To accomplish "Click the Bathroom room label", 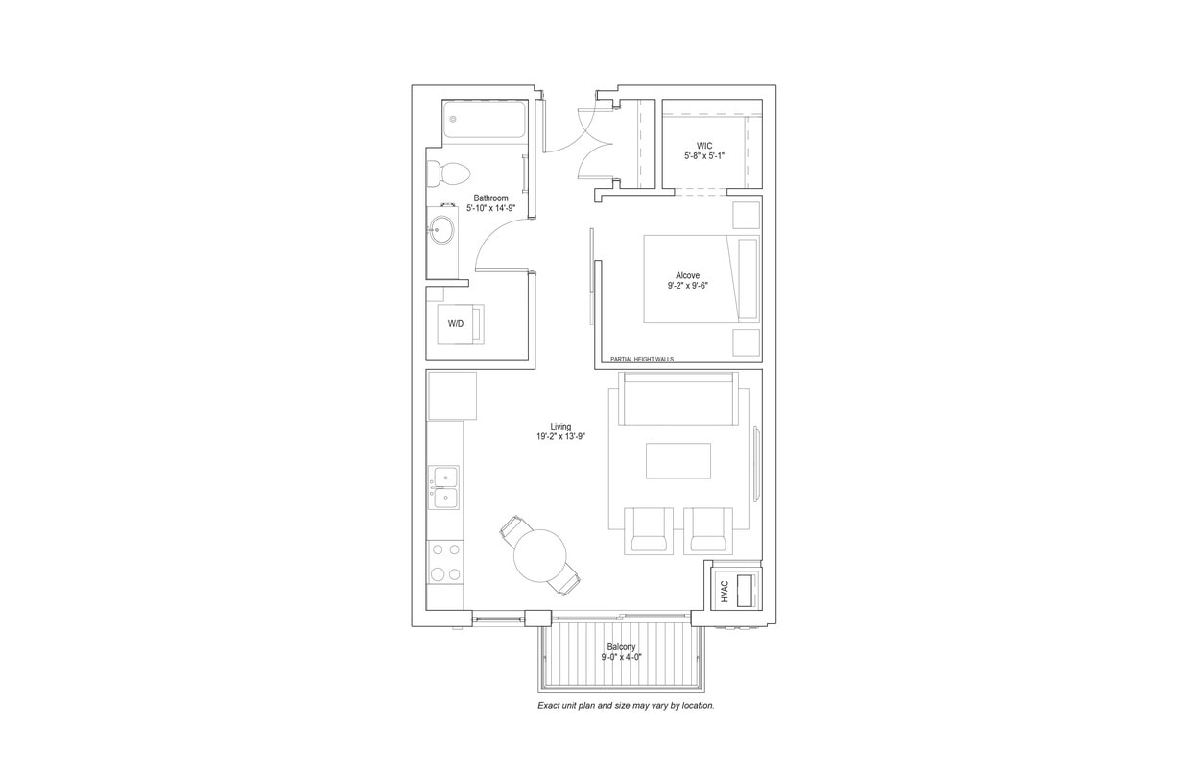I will click(490, 198).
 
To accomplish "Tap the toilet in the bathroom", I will click(449, 174).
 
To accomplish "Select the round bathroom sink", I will click(442, 230).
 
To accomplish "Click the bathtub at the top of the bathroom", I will click(485, 122).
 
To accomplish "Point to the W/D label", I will click(455, 324).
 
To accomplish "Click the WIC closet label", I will click(704, 146).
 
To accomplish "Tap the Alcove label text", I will click(687, 275).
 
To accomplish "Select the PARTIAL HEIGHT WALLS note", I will click(642, 360).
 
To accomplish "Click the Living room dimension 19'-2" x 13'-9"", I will click(560, 436).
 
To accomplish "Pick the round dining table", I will click(539, 555).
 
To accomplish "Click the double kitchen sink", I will click(444, 487).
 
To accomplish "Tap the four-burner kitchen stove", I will click(444, 562).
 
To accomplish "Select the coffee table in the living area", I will click(678, 460).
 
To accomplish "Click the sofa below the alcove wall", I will click(678, 398).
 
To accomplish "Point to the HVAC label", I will click(725, 592).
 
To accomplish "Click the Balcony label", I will click(622, 647).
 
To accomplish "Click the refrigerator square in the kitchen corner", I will click(452, 395).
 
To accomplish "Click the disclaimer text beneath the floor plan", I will click(626, 706).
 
